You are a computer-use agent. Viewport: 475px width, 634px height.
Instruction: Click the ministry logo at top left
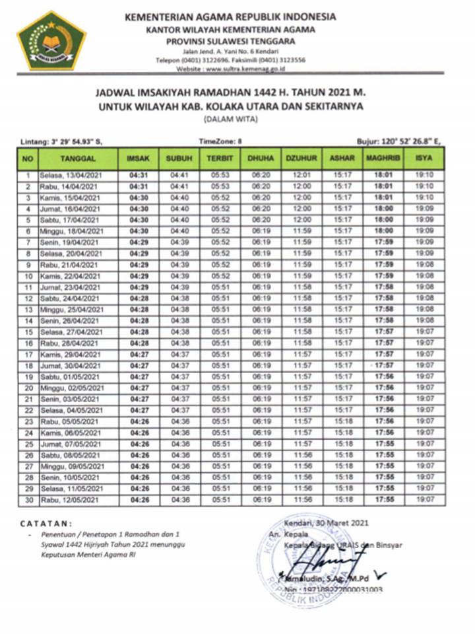(x=51, y=40)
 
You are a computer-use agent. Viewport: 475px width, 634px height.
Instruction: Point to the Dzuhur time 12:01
(x=301, y=176)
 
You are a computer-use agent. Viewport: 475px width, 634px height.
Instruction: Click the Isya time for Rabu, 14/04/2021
(x=424, y=187)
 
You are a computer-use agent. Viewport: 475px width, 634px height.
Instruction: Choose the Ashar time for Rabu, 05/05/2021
(x=342, y=421)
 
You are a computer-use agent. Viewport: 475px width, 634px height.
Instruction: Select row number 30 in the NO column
(x=28, y=499)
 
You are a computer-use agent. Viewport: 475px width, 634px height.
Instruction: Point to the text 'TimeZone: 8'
(x=220, y=141)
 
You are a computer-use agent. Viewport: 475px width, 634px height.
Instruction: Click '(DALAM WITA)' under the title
(x=238, y=120)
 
